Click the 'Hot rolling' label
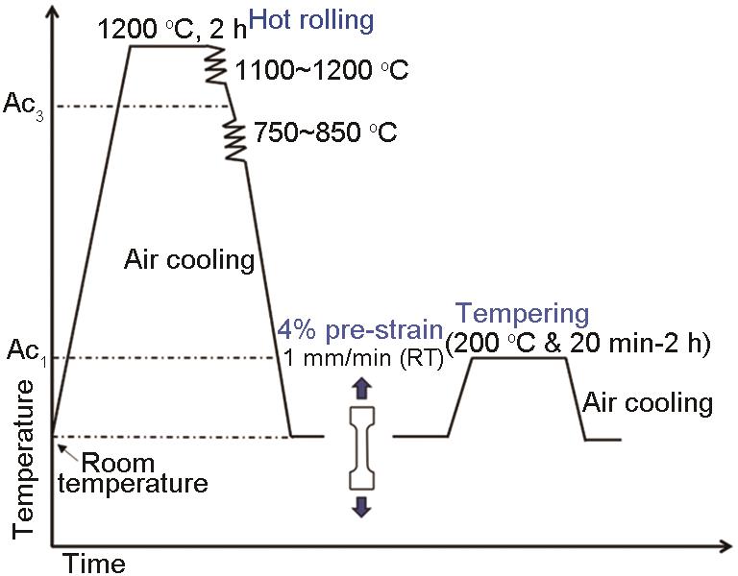tap(311, 21)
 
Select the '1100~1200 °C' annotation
tap(322, 70)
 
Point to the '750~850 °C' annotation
tap(326, 132)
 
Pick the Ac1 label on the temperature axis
tap(27, 351)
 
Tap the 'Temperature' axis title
tap(23, 460)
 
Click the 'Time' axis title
tap(93, 564)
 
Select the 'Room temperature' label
tap(133, 473)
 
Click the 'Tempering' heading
tap(523, 315)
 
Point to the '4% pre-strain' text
tap(360, 330)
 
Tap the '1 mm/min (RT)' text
tap(363, 359)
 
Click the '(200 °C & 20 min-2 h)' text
tap(578, 344)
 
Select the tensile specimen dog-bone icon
tap(362, 447)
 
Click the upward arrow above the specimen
tap(362, 388)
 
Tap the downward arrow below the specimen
tap(362, 507)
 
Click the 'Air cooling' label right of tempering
tap(648, 403)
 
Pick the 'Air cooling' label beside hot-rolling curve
tap(189, 259)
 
